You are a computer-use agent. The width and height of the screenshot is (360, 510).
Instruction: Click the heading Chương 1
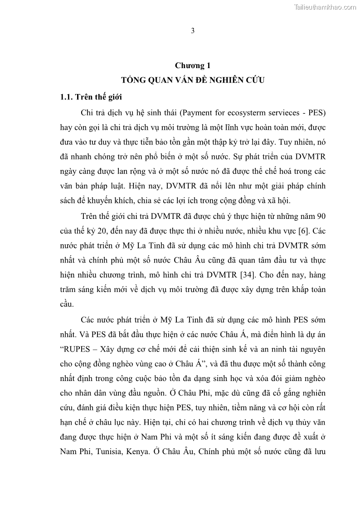(x=192, y=65)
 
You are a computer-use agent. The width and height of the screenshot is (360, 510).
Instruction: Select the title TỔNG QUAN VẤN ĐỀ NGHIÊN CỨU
(x=192, y=80)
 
